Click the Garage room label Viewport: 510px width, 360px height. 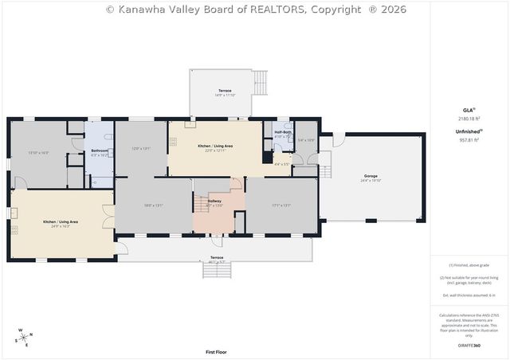point(370,176)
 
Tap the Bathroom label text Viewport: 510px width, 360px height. point(99,151)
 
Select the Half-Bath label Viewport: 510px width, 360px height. point(284,132)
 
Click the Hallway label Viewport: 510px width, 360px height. point(214,202)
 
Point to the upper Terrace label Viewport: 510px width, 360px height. point(226,91)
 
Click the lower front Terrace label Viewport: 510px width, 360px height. point(217,257)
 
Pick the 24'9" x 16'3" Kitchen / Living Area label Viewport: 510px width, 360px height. point(61,221)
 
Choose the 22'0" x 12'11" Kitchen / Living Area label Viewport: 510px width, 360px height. point(215,147)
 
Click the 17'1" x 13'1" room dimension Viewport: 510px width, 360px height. point(281,205)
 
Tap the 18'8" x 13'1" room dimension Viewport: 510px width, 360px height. point(154,205)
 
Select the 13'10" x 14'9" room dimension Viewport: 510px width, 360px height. point(38,152)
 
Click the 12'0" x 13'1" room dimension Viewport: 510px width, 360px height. point(141,149)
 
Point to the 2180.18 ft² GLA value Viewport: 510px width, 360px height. point(468,118)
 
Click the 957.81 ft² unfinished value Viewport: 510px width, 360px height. point(468,139)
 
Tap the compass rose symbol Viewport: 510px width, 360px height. point(23,337)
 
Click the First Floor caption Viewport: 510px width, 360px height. point(216,351)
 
